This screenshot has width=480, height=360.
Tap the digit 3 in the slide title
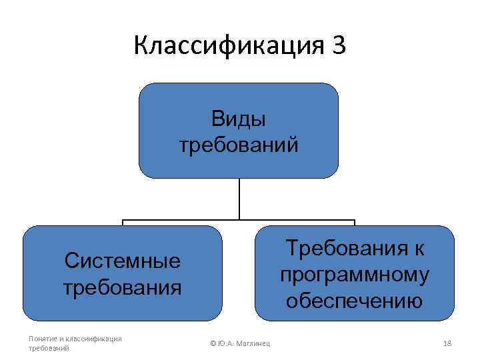337,46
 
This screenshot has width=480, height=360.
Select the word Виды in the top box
239,119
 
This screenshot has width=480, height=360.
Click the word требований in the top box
239,145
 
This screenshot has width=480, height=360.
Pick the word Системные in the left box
123,260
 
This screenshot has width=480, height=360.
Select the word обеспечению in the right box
355,301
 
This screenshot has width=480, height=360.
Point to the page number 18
447,343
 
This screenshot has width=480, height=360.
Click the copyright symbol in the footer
213,343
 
